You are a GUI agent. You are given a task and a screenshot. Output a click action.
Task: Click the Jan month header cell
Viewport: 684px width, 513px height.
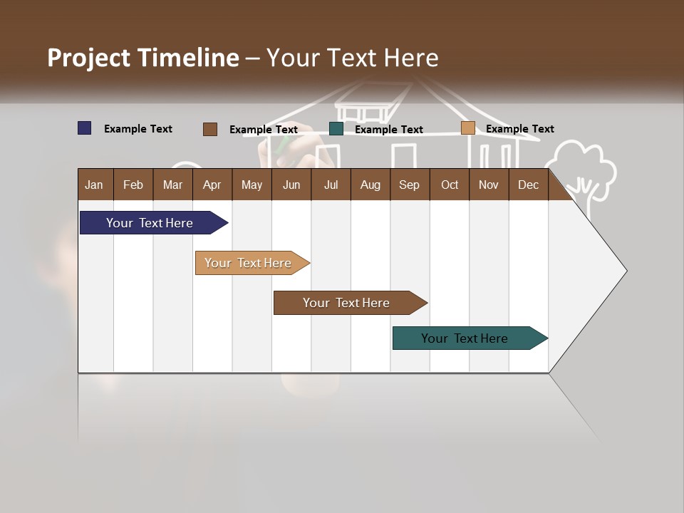coord(95,185)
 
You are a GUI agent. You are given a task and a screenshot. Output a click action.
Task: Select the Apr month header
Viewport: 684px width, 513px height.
coord(212,185)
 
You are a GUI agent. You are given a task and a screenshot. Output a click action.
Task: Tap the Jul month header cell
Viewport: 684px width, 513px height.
coord(331,185)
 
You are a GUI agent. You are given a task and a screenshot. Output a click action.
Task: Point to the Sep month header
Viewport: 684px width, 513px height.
coord(409,185)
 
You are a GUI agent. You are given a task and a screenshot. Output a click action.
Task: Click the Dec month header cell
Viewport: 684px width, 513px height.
coord(528,185)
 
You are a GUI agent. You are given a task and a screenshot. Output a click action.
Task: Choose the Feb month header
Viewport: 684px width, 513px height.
coord(133,185)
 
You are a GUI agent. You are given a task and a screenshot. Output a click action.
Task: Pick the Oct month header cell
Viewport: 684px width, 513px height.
coord(450,185)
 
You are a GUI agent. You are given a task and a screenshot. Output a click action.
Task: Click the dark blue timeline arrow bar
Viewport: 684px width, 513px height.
coord(150,223)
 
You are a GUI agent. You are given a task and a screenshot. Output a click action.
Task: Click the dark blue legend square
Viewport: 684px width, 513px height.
coord(85,128)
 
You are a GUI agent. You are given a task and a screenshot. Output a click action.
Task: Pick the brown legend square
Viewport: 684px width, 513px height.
coord(210,129)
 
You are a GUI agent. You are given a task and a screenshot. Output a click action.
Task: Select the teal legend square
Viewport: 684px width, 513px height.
coord(336,129)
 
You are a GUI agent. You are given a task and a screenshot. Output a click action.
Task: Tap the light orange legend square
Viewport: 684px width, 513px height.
coord(467,128)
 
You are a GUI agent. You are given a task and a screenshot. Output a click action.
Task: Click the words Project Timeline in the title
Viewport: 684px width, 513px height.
coord(142,58)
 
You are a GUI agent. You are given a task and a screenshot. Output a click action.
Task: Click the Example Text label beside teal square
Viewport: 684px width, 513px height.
coord(389,130)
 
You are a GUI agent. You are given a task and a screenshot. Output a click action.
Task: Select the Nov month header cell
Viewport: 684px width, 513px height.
coord(489,185)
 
